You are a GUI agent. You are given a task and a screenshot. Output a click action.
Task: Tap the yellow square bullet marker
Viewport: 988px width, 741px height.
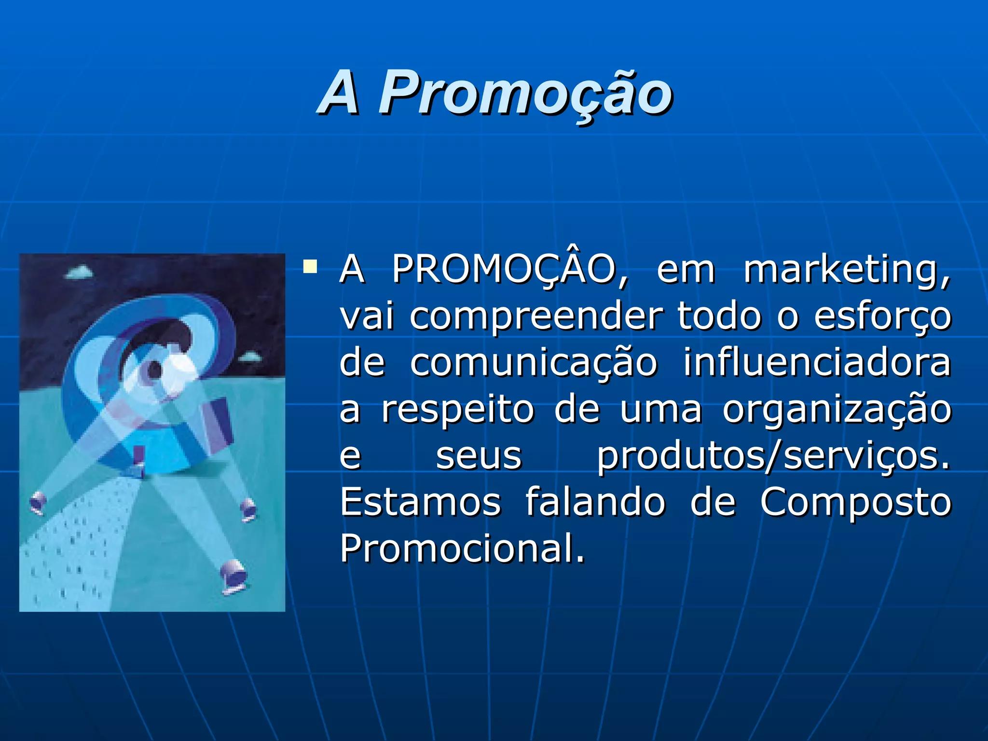click(x=310, y=267)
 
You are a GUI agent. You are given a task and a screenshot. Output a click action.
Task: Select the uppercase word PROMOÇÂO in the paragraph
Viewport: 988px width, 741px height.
click(x=509, y=269)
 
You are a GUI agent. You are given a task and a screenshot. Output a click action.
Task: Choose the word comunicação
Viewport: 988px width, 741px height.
click(x=534, y=363)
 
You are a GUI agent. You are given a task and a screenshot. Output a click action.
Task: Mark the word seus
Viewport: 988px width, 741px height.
click(x=479, y=456)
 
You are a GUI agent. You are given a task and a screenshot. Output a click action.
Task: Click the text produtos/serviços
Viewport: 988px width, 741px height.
click(x=773, y=456)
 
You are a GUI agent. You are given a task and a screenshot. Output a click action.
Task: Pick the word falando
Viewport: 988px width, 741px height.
click(x=595, y=502)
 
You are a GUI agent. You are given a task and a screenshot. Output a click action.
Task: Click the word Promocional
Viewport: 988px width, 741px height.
click(x=462, y=548)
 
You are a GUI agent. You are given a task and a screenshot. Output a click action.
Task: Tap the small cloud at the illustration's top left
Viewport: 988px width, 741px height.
click(x=79, y=273)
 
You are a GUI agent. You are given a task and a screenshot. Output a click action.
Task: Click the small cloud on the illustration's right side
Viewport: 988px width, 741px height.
click(x=249, y=357)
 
